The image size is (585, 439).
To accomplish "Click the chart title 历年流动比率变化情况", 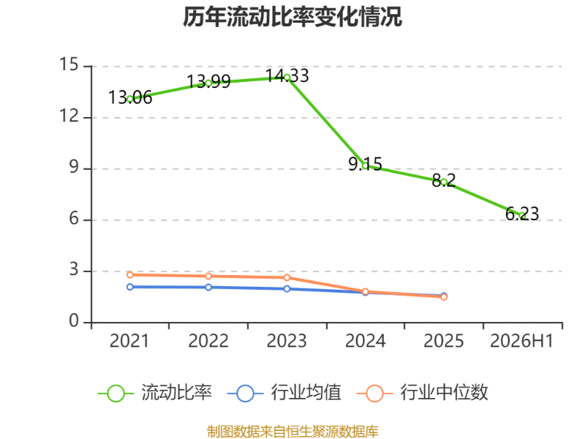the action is tap(292, 17).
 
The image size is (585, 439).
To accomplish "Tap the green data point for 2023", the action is tap(287, 78).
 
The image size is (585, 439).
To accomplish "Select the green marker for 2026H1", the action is tap(522, 216).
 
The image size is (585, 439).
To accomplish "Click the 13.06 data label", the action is tap(130, 97).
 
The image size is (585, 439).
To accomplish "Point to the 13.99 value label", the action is tap(208, 81).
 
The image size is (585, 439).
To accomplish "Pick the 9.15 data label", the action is tap(365, 164).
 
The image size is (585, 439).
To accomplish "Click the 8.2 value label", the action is tap(444, 181).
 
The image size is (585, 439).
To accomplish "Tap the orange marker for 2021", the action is tap(130, 275).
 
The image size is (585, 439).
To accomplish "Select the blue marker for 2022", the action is tap(208, 287).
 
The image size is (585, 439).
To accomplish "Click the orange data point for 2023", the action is tap(287, 277).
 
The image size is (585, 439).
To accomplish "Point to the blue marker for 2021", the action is tap(130, 287).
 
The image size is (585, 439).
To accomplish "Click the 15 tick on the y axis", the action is tap(69, 64).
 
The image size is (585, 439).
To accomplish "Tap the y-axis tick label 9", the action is tap(74, 168).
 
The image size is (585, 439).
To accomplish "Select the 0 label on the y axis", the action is tap(74, 320).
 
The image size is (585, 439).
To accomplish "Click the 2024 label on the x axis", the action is tap(365, 341).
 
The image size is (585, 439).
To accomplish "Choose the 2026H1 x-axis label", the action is tap(521, 341).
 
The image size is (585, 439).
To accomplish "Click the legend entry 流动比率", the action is tap(155, 393).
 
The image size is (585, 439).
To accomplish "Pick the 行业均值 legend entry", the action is tap(284, 393).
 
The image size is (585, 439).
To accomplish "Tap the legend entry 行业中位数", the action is tap(423, 393).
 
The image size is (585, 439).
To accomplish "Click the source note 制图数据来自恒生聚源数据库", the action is tap(292, 432).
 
